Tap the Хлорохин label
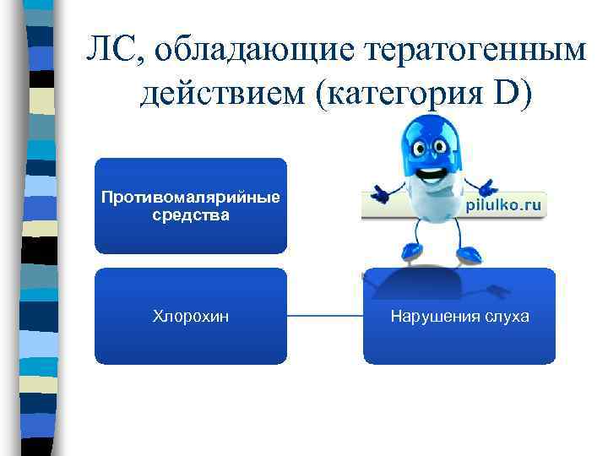click(191, 317)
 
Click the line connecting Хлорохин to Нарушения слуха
click(325, 317)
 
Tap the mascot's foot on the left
click(411, 251)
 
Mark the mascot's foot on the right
click(467, 253)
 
